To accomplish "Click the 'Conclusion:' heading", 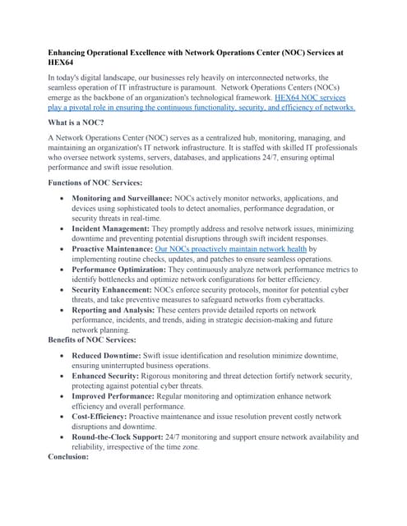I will pyautogui.click(x=72, y=457).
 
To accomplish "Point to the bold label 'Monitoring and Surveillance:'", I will pyautogui.click(x=122, y=199).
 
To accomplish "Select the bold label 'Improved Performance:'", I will pyautogui.click(x=111, y=395).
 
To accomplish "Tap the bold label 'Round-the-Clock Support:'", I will pyautogui.click(x=119, y=436).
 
